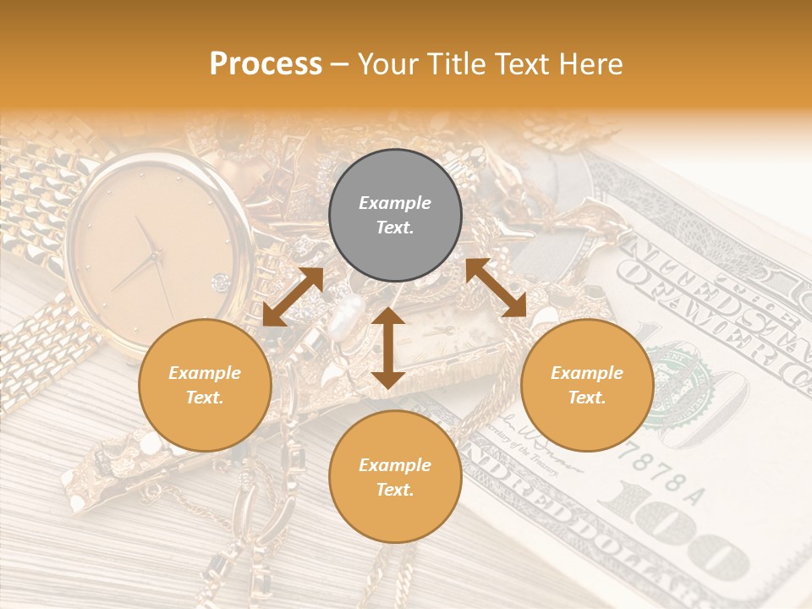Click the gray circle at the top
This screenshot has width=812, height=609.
coord(395,215)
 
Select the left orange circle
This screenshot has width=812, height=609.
coord(205,385)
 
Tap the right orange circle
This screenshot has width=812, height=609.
coord(587,385)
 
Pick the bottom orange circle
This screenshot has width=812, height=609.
coord(395,477)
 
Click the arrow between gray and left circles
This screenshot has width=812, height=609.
coord(293,297)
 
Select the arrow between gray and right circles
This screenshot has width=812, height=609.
coord(497,288)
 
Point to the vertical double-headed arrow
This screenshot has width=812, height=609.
coord(387,348)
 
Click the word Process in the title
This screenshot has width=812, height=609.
coord(266,64)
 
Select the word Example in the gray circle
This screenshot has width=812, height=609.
coord(395,203)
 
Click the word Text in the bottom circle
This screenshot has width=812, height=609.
coord(394,490)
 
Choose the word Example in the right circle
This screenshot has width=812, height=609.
coord(587,373)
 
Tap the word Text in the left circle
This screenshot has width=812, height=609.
coord(204,398)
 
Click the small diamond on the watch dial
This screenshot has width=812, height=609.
coord(221,281)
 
